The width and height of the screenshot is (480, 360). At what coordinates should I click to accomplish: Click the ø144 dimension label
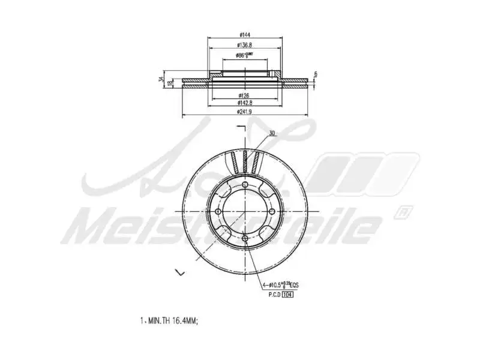[244, 34]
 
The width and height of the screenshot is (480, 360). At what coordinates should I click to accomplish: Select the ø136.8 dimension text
[244, 45]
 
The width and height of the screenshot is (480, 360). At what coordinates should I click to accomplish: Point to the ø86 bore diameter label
[244, 55]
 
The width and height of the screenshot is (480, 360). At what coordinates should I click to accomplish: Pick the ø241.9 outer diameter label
[244, 111]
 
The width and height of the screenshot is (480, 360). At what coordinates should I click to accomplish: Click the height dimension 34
[161, 79]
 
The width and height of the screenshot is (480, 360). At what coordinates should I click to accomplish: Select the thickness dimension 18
[170, 82]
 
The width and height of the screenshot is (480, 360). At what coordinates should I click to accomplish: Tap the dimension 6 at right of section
[315, 74]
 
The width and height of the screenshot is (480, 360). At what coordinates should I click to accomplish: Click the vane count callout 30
[272, 133]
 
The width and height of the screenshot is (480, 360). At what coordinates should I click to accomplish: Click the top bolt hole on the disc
[247, 185]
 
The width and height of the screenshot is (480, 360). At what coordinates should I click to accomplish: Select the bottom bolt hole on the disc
[247, 239]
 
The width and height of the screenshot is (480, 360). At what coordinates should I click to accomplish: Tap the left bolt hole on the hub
[220, 212]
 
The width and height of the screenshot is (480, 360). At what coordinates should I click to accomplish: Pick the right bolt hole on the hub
[273, 212]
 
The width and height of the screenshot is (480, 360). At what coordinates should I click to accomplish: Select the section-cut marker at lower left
[179, 272]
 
